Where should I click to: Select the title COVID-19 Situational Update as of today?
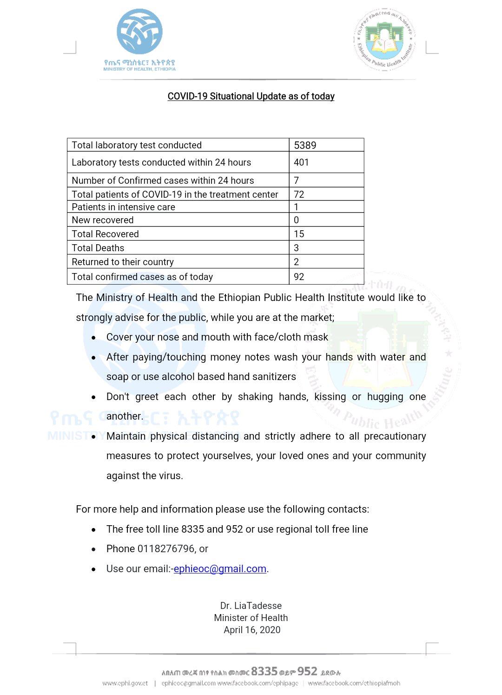[251, 96]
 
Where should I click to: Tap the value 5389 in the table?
[305, 145]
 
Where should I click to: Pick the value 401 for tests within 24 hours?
[301, 162]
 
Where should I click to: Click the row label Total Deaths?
[98, 248]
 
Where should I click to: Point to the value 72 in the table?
[299, 194]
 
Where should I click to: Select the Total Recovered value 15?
[299, 234]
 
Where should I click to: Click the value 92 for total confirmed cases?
[299, 277]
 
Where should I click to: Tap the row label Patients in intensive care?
[124, 207]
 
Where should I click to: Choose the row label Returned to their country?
[123, 262]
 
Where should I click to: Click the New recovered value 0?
[297, 220]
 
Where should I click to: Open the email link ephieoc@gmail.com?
[220, 569]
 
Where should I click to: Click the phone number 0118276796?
[165, 549]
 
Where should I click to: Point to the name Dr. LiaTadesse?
[251, 606]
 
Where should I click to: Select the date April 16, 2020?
[252, 630]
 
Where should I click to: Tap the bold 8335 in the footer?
[264, 671]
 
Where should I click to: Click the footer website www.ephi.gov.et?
[125, 683]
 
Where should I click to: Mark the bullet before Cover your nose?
[94, 338]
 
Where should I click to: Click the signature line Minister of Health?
[251, 618]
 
